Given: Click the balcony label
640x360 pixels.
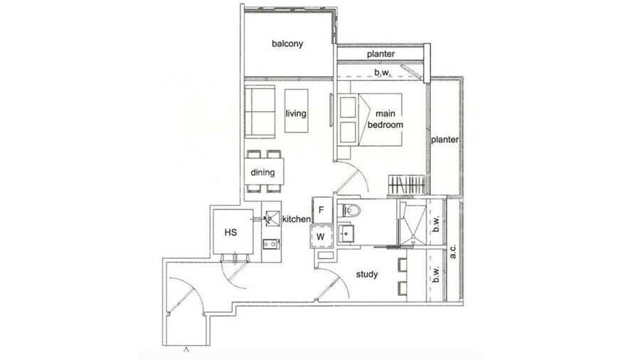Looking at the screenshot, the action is (287, 43).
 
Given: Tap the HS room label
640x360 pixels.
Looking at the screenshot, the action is (230, 233).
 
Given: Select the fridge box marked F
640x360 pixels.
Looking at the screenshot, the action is (321, 210).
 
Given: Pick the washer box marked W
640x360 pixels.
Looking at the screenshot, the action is (321, 236).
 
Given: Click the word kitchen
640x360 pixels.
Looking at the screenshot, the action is (297, 219).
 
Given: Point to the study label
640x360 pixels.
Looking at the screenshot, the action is (366, 275).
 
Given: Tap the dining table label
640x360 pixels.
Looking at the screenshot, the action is (262, 173).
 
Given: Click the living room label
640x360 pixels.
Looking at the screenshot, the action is (296, 113).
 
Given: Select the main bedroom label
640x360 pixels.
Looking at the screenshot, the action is (385, 120).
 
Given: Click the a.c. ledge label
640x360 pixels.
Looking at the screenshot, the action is (453, 251).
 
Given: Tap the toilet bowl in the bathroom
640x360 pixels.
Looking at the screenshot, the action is (350, 211).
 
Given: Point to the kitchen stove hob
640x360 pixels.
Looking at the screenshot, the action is (271, 244).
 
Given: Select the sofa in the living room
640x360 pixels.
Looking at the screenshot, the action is (260, 112).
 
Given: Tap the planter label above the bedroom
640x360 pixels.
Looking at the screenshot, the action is (381, 54).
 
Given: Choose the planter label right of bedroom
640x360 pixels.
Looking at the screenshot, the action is (445, 139).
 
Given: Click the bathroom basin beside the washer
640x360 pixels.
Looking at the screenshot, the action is (346, 233).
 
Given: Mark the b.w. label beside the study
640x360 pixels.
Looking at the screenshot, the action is (436, 275).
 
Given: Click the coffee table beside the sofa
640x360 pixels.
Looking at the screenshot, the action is (297, 110).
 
